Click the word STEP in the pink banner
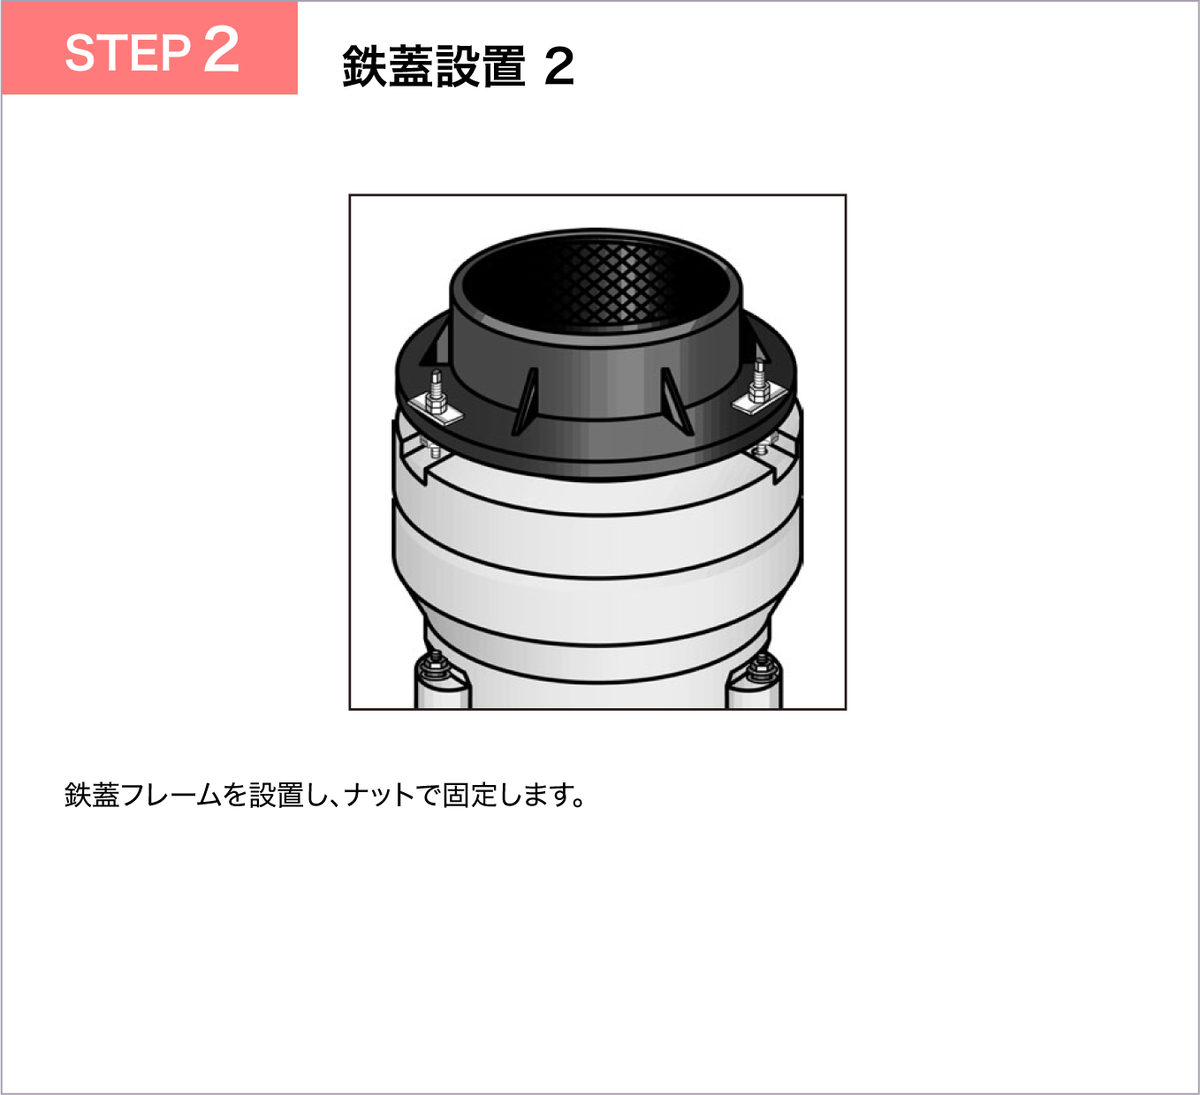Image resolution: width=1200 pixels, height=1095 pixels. click(127, 53)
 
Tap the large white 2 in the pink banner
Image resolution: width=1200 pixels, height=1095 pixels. click(221, 49)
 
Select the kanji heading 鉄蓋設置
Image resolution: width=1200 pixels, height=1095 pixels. click(434, 66)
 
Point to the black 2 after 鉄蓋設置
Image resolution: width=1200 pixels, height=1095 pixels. click(559, 67)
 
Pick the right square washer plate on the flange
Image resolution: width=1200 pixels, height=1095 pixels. click(758, 399)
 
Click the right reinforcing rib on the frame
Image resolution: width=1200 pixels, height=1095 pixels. click(677, 401)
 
